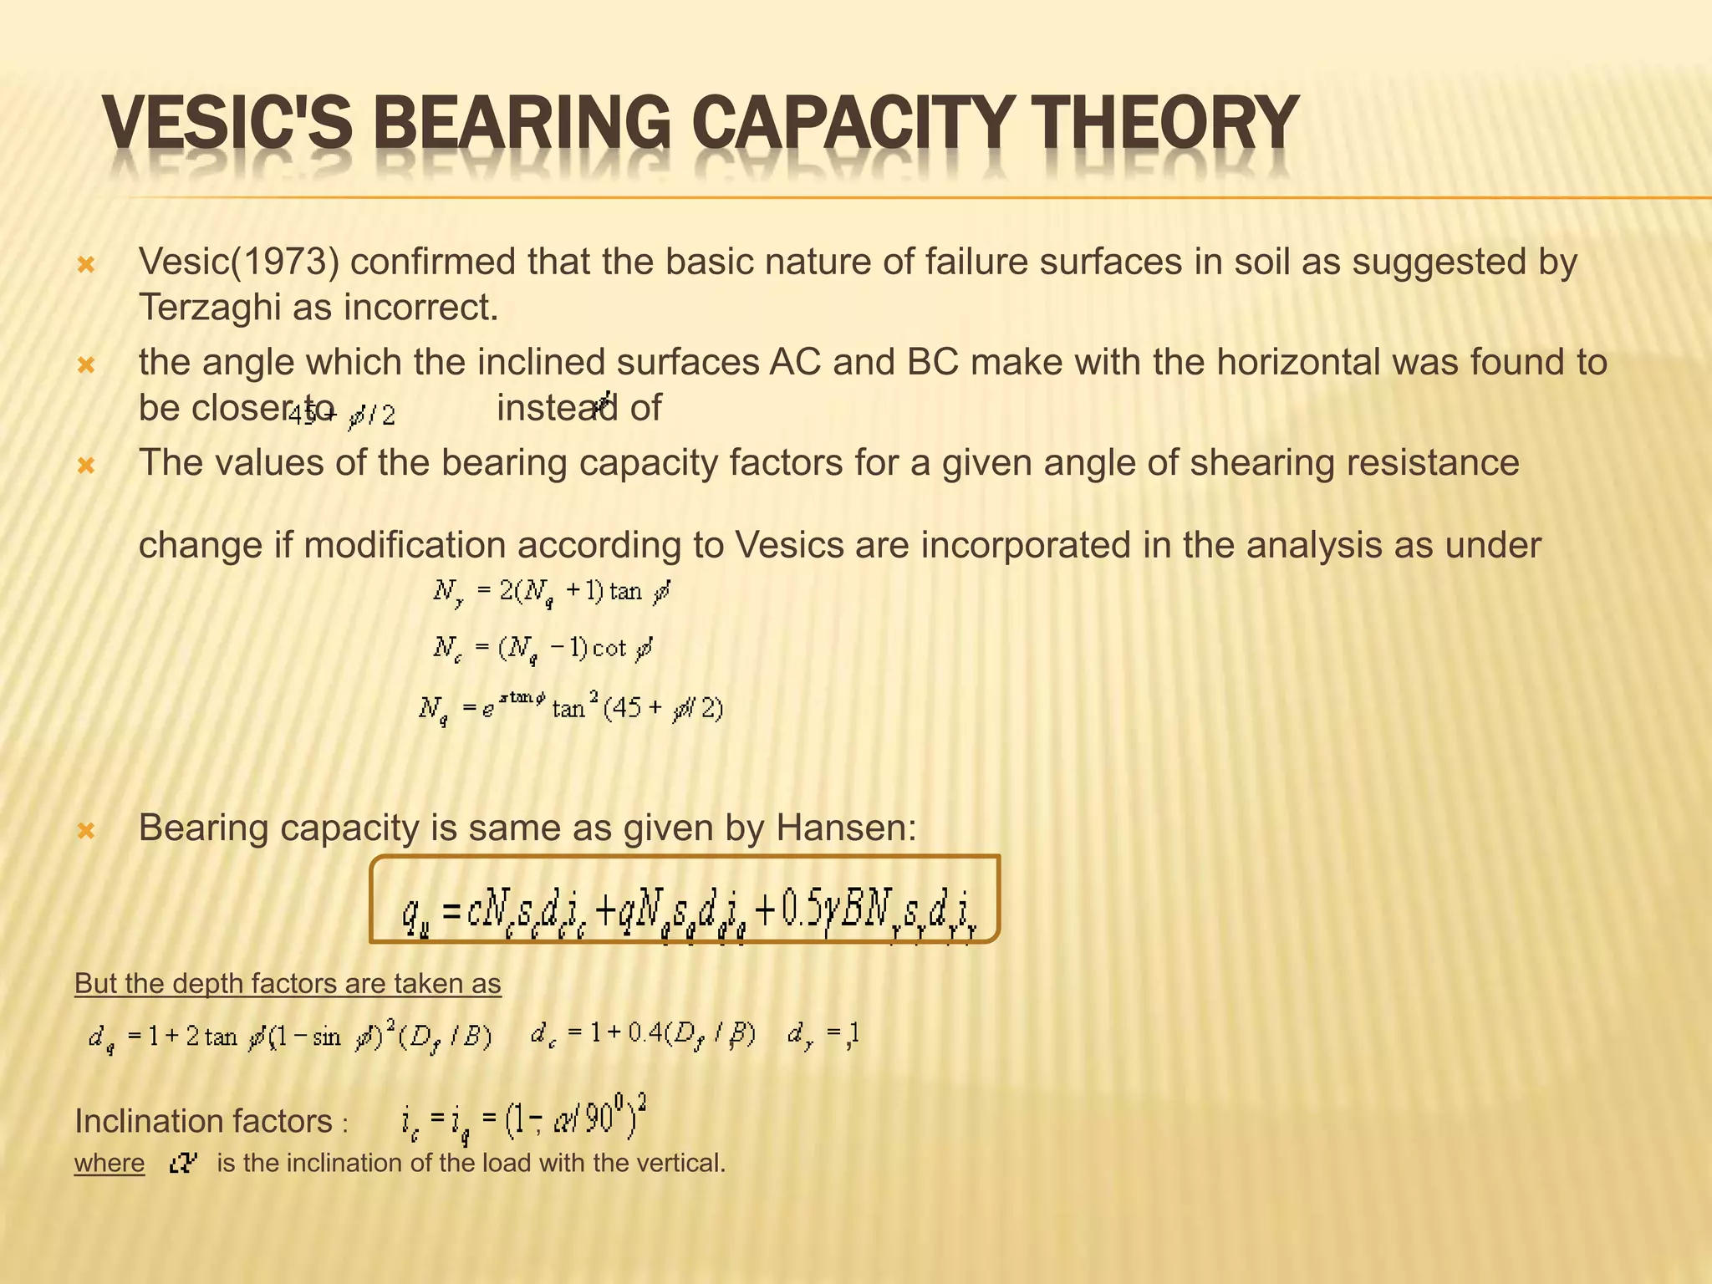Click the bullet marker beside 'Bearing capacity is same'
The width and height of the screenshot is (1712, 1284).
coord(86,831)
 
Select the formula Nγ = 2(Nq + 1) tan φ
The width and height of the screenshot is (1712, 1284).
coord(552,594)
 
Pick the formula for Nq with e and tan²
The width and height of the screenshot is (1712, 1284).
coord(571,710)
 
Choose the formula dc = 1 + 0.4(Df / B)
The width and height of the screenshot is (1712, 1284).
coord(643,1036)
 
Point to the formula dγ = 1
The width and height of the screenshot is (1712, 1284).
coord(823,1037)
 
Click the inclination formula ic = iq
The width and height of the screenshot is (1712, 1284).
coord(524,1120)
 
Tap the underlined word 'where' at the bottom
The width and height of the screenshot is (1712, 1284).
coord(110,1164)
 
